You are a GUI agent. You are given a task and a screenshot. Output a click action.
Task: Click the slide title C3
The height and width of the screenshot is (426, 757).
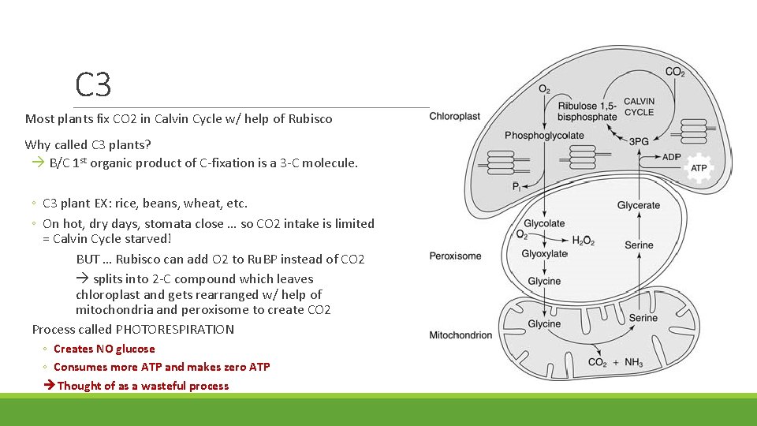(93, 84)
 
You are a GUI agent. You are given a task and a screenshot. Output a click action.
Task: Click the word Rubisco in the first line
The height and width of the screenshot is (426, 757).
(310, 119)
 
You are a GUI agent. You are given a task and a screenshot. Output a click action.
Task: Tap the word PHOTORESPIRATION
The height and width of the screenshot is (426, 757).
(175, 330)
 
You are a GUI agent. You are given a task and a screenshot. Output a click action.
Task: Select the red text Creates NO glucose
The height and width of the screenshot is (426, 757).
(104, 349)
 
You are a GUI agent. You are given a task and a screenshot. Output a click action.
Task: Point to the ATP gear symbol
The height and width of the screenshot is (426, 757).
(699, 168)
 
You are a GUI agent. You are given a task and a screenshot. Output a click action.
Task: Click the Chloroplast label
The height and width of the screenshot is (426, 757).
(455, 117)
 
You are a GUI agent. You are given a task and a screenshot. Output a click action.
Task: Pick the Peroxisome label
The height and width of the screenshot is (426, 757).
(455, 256)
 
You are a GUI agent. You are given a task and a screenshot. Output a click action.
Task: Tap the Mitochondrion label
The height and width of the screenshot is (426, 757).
(461, 335)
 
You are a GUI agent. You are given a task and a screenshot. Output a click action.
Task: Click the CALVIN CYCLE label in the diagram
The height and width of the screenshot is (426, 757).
(639, 106)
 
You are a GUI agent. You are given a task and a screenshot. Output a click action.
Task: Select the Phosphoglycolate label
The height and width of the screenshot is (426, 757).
(544, 135)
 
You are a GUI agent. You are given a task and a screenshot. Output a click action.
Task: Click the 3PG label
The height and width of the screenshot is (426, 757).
(639, 142)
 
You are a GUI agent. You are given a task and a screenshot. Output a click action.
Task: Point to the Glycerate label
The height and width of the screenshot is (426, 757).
(638, 205)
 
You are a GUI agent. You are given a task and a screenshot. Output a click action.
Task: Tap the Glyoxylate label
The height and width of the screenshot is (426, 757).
(544, 253)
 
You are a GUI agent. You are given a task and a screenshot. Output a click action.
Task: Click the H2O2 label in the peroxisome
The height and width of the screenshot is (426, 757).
(583, 241)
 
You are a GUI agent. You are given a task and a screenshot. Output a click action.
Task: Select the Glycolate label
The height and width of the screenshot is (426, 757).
(544, 223)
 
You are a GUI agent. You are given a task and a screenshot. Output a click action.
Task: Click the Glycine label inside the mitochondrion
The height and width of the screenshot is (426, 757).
(544, 323)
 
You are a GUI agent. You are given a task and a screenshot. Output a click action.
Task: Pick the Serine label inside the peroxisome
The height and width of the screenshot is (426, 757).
(639, 245)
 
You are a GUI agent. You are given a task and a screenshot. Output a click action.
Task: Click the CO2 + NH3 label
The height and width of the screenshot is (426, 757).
(616, 363)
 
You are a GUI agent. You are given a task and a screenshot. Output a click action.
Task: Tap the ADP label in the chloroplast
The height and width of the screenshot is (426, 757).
(672, 157)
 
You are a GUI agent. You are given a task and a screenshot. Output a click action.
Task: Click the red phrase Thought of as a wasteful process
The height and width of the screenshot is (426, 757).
(143, 386)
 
